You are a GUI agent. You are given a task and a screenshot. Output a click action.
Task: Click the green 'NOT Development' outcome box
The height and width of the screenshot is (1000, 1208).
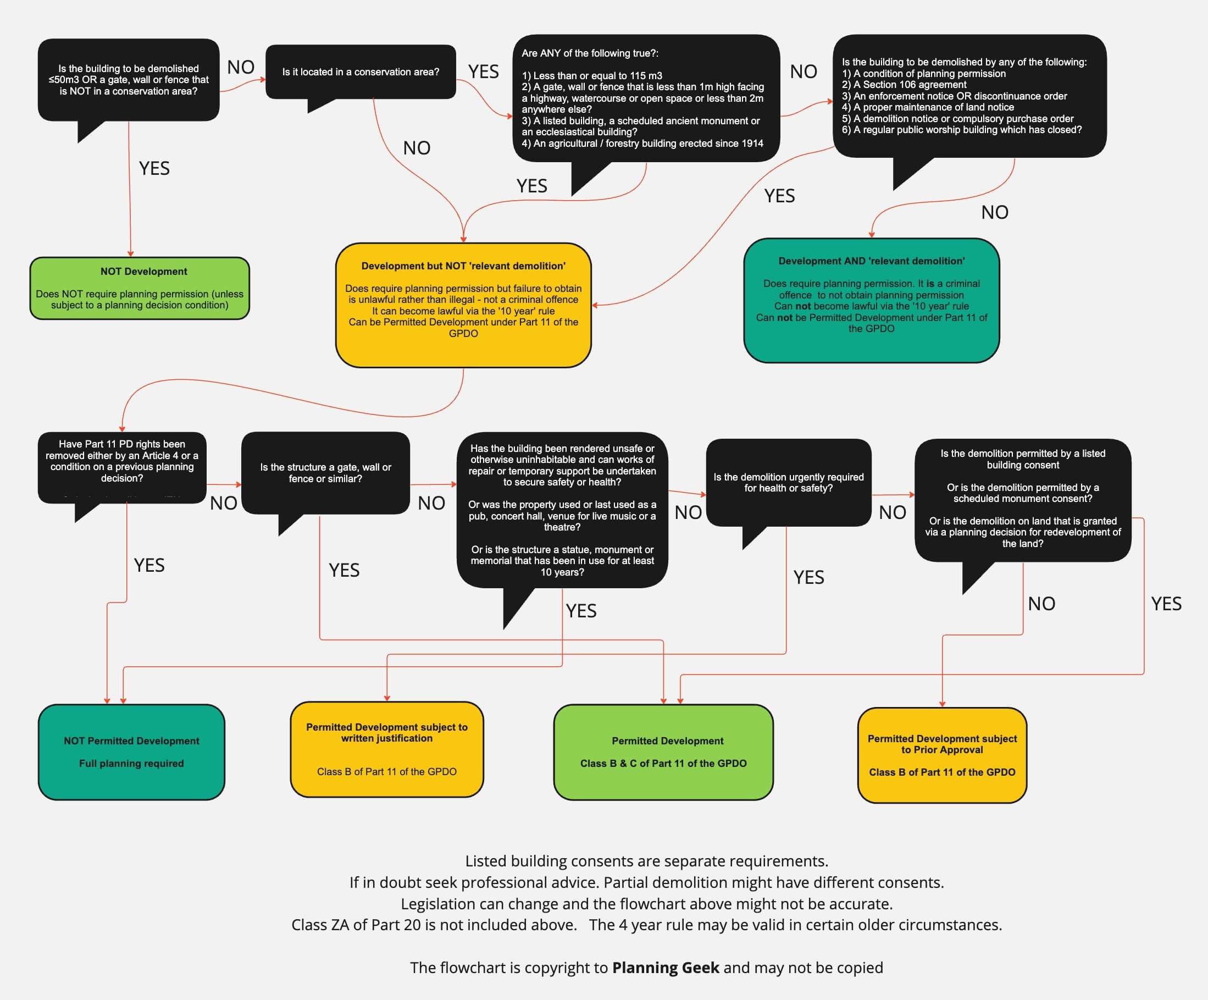coord(139,288)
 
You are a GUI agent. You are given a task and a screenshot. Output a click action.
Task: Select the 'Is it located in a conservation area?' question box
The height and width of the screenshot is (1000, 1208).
coord(361,72)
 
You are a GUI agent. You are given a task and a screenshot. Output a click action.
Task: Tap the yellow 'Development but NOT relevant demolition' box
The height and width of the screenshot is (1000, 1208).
coord(463,305)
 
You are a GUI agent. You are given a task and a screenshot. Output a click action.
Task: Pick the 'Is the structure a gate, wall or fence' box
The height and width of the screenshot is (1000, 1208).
coord(325,472)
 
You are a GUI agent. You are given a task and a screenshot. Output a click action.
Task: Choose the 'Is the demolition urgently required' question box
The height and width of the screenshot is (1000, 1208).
coord(788,482)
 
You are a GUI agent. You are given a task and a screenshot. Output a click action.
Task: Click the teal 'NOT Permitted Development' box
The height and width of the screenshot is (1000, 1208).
coord(131,752)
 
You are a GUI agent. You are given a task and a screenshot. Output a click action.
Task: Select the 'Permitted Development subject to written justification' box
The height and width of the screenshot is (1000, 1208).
coord(386,749)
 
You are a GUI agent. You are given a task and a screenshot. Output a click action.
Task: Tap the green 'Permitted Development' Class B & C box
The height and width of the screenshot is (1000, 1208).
coord(663,752)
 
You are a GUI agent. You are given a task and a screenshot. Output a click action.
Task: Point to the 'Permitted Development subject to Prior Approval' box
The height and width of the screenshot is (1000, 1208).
coord(941,755)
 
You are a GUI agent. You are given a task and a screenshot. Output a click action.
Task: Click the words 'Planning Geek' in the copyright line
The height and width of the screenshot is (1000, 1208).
coord(666,968)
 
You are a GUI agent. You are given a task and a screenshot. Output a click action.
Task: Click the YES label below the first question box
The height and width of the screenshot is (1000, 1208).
coord(154,169)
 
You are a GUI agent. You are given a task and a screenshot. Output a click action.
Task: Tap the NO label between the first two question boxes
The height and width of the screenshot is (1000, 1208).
coord(241,67)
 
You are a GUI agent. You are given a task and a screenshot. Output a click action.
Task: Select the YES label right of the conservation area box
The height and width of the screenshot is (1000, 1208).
coord(483,72)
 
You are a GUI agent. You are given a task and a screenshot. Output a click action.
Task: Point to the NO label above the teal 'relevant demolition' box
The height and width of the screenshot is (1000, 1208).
coord(995,212)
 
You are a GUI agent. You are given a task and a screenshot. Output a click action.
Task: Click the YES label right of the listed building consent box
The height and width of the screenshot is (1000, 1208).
coord(1166,604)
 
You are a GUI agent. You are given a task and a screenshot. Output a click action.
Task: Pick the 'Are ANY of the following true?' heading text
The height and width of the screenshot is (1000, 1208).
coord(590,53)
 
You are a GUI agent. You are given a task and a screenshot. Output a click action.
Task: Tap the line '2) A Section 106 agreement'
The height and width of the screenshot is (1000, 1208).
coord(904,85)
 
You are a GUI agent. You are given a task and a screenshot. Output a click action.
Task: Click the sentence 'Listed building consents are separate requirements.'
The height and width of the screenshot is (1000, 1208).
coord(646,861)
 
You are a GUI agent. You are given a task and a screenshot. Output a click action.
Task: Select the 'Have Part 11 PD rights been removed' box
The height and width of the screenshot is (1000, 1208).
coord(122,461)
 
